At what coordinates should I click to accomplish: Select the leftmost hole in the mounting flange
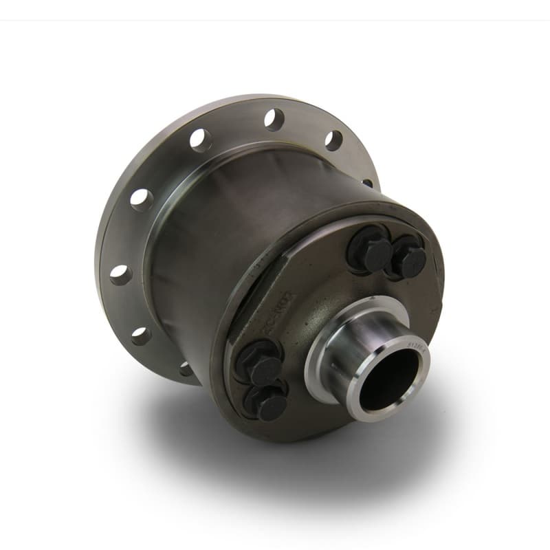pos(121,274)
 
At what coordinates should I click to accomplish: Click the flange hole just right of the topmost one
pos(333,140)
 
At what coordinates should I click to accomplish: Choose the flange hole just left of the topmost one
pos(201,140)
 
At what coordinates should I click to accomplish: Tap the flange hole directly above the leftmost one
pos(142,199)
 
